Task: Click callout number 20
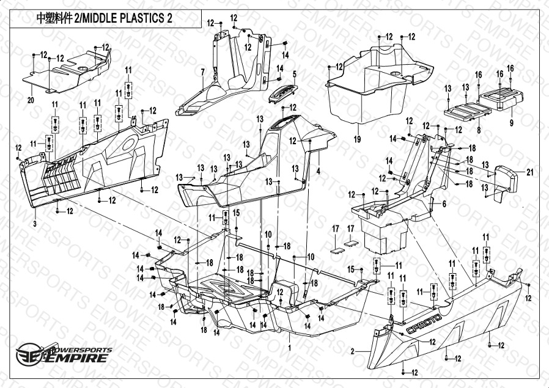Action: pyautogui.click(x=30, y=98)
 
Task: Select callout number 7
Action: pyautogui.click(x=202, y=73)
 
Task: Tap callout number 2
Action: pyautogui.click(x=353, y=351)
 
